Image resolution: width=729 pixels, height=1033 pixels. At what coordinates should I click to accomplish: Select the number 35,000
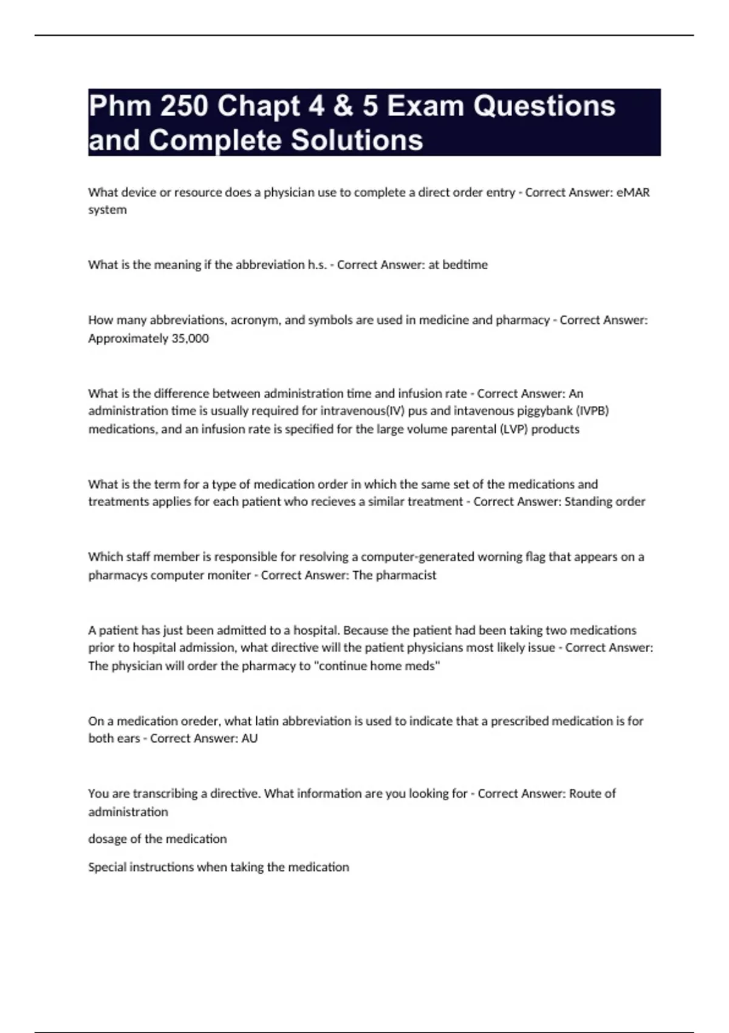pyautogui.click(x=190, y=338)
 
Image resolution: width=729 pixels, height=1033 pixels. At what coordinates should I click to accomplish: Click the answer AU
pyautogui.click(x=250, y=738)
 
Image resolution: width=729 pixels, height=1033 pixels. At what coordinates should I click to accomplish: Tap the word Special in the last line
pyautogui.click(x=108, y=867)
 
